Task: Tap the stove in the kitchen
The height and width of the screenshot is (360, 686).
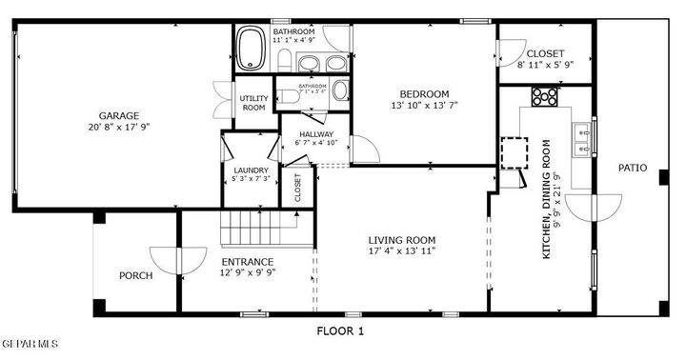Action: click(x=545, y=95)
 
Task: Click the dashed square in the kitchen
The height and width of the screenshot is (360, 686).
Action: click(x=514, y=153)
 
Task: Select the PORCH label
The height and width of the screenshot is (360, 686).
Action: click(x=135, y=276)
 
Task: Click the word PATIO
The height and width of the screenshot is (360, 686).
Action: click(x=632, y=168)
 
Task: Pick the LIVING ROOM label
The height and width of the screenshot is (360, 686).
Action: click(x=402, y=240)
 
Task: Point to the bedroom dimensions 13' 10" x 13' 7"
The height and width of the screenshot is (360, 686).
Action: click(x=424, y=105)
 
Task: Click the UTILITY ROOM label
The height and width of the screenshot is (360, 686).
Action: click(x=252, y=103)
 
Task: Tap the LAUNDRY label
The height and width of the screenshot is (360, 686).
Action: click(x=252, y=170)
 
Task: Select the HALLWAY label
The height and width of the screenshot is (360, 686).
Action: click(x=315, y=134)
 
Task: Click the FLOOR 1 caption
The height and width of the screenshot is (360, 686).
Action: click(x=340, y=331)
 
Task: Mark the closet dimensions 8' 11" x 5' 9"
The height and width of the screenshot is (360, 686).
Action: click(x=546, y=65)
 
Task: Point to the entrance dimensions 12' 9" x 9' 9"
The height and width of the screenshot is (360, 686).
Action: click(x=248, y=272)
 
